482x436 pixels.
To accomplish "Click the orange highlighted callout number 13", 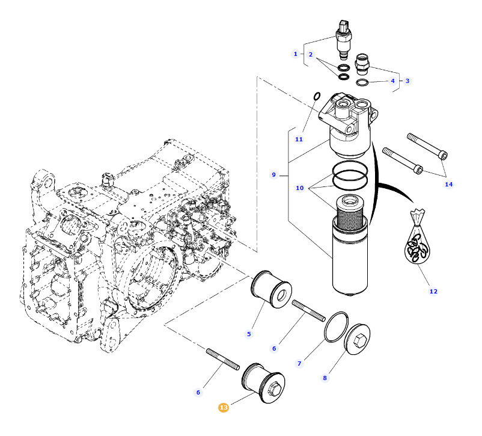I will pos(224,408).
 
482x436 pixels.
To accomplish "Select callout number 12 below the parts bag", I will pos(433,291).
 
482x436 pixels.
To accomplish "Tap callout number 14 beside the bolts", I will pos(448,184).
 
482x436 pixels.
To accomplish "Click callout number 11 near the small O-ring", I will pos(299,139).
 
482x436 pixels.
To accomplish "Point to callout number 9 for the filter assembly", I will pos(273,175).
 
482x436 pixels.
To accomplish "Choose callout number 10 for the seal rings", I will pos(300,188).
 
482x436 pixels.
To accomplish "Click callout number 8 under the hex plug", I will pos(325,378).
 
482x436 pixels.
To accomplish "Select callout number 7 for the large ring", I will pos(299,363).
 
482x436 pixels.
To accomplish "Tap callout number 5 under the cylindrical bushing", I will pos(249,334).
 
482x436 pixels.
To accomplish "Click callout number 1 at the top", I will pos(295,54).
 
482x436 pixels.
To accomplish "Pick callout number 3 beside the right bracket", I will pos(407,81).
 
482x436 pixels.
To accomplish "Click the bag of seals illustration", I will pos(418,243).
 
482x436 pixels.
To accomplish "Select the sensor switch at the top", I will pos(343,36).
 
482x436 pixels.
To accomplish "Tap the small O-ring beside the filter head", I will pos(317,96).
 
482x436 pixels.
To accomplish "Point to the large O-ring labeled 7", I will pos(337,327).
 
